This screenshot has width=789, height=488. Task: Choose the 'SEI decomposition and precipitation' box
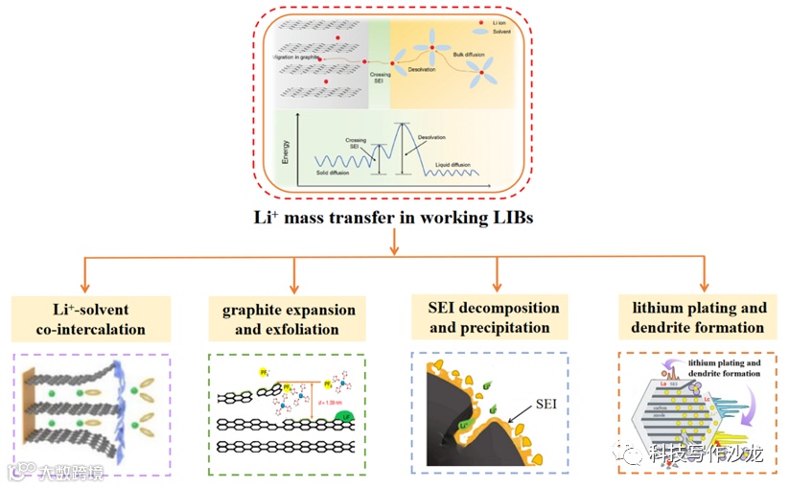click(495, 318)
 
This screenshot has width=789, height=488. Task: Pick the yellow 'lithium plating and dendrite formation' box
click(698, 317)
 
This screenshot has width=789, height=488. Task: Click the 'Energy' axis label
click(286, 151)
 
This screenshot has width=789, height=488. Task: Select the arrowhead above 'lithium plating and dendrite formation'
click(704, 285)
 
